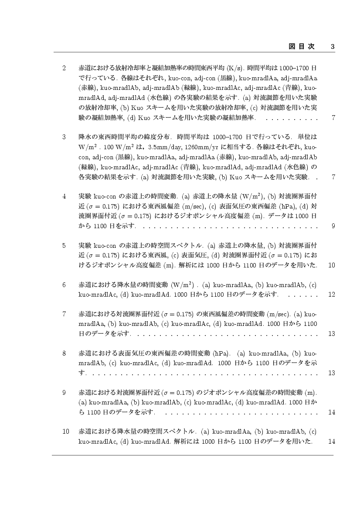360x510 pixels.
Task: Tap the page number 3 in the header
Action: point(333,46)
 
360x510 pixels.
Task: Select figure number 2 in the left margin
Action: point(64,68)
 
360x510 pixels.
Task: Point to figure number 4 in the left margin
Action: point(64,196)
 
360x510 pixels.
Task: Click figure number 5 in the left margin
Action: point(64,246)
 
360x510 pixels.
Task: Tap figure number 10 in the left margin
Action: point(66,431)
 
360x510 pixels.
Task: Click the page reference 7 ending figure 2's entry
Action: point(333,118)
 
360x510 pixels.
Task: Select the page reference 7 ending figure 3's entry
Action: point(333,177)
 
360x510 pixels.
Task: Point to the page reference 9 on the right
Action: point(333,226)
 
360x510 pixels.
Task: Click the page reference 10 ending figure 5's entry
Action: point(332,265)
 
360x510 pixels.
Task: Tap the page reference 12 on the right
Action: point(332,294)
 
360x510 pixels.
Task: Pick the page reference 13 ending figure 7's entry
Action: point(332,334)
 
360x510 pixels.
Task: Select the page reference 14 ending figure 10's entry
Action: point(332,442)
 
